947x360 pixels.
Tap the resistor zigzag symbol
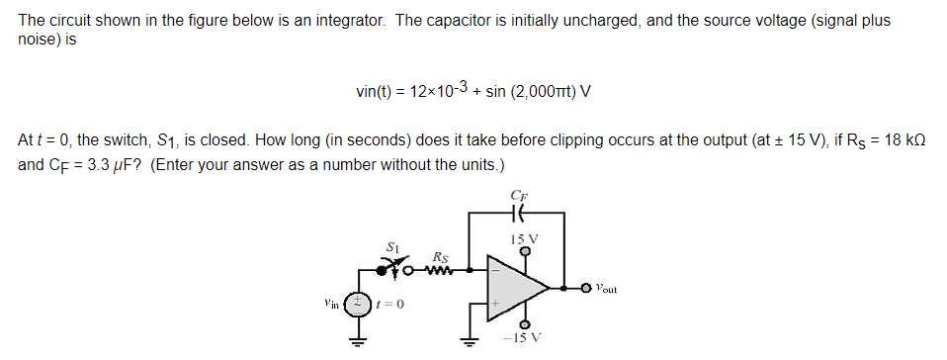(x=436, y=265)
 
